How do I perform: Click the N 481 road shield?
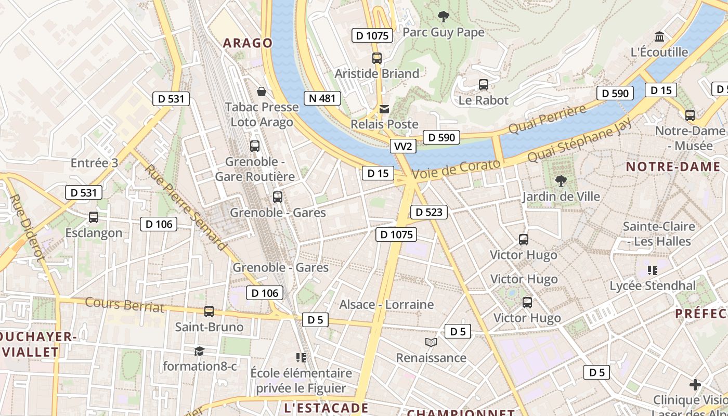pyautogui.click(x=322, y=98)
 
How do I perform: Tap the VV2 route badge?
pyautogui.click(x=403, y=147)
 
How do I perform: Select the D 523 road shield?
pyautogui.click(x=428, y=212)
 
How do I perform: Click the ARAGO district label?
pyautogui.click(x=248, y=43)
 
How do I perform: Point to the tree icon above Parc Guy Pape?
pyautogui.click(x=443, y=17)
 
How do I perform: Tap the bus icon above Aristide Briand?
pyautogui.click(x=377, y=58)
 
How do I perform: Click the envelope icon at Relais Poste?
pyautogui.click(x=384, y=109)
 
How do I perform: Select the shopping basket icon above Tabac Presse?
pyautogui.click(x=262, y=92)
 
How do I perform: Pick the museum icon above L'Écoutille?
pyautogui.click(x=659, y=37)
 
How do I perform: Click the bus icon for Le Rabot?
pyautogui.click(x=484, y=85)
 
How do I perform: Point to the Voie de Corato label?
pyautogui.click(x=456, y=170)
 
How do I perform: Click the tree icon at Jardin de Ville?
pyautogui.click(x=561, y=181)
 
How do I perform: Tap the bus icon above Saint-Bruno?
pyautogui.click(x=209, y=311)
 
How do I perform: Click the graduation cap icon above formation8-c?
pyautogui.click(x=199, y=351)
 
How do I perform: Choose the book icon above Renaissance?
pyautogui.click(x=431, y=342)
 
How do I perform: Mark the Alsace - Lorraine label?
pyautogui.click(x=386, y=304)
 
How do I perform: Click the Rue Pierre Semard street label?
pyautogui.click(x=186, y=207)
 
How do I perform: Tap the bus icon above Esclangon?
pyautogui.click(x=94, y=217)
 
